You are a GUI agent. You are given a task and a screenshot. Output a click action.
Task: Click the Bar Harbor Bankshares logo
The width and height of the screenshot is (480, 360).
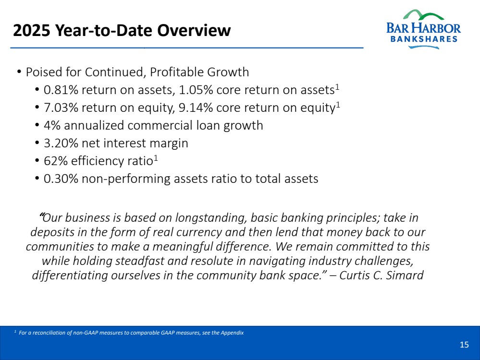point(423,29)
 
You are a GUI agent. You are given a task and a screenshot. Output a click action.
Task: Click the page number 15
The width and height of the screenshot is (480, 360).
point(464,345)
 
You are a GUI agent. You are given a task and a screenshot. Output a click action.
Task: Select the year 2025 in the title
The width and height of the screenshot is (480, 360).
point(32,30)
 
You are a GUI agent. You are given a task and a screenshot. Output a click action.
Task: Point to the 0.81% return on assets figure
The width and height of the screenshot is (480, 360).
point(61,90)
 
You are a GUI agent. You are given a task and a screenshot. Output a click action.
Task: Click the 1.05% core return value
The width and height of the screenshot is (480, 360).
point(196,90)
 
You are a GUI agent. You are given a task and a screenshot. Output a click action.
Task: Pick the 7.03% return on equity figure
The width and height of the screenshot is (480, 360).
point(61,108)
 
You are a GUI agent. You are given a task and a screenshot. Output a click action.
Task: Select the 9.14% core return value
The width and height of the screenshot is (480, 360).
point(196,108)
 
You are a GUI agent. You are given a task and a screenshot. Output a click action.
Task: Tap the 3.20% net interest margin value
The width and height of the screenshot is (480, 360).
point(61,143)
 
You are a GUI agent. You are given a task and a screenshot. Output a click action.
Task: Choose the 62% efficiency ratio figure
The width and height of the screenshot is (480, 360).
point(56,161)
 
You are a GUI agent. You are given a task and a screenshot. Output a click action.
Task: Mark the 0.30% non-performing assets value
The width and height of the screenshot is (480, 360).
point(61,179)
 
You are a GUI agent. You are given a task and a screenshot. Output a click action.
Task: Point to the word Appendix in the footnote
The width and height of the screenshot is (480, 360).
point(233,333)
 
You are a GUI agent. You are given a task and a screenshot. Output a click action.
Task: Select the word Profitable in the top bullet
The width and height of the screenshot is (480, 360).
point(177,72)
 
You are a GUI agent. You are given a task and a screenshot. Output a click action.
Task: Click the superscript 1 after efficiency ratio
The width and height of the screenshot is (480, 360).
point(156,158)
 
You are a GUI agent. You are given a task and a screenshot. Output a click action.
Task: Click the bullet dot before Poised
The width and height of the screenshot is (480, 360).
point(19,72)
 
